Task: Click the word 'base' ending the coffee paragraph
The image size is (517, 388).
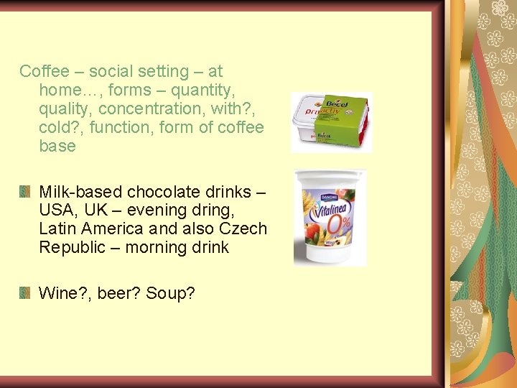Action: click(57, 146)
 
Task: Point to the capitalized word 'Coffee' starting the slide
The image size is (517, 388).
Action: click(45, 71)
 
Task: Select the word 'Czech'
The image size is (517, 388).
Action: click(244, 229)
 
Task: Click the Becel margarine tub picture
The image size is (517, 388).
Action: click(331, 122)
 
